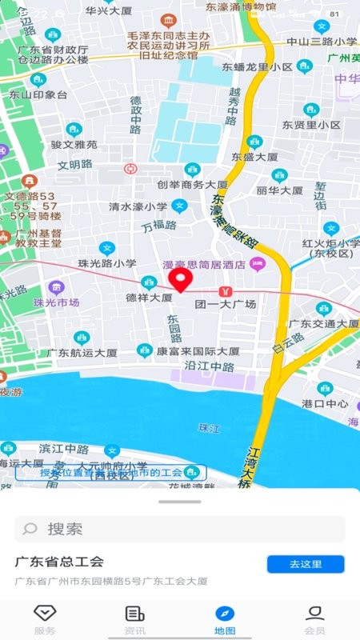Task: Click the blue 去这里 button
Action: (x=306, y=564)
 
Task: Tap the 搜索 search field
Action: (x=180, y=529)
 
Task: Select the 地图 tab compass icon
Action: (x=225, y=614)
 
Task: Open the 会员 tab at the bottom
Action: (x=314, y=619)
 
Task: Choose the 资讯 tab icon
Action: (x=134, y=614)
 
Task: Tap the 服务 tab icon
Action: (x=45, y=614)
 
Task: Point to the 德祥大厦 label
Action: (x=149, y=298)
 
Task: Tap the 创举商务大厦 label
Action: (x=192, y=185)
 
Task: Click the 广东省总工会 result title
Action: (x=60, y=562)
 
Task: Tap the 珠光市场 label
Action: (x=56, y=302)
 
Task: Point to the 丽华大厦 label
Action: (x=279, y=190)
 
